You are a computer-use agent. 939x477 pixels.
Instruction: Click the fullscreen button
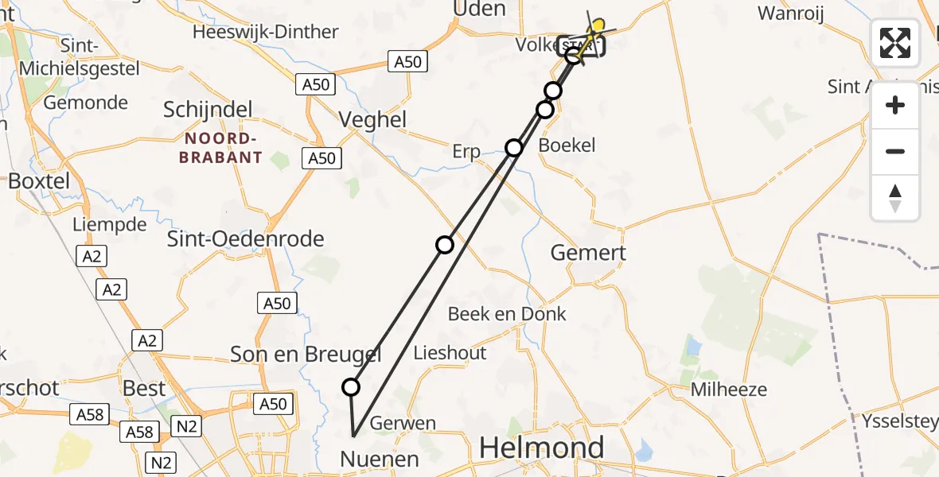(x=895, y=43)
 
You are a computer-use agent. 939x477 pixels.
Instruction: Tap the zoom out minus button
(x=895, y=151)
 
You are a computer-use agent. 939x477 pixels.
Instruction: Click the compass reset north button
(x=895, y=198)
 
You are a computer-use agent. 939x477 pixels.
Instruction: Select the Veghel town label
(x=372, y=120)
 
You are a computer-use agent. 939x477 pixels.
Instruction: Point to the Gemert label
(x=588, y=253)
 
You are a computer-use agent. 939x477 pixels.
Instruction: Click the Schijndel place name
(x=208, y=110)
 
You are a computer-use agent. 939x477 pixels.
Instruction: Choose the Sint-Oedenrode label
(x=245, y=238)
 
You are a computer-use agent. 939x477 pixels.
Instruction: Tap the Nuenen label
(x=380, y=459)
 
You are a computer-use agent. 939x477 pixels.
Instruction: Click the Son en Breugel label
(x=306, y=355)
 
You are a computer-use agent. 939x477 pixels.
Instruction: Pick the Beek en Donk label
(x=507, y=314)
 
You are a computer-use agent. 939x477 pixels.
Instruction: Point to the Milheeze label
(x=728, y=390)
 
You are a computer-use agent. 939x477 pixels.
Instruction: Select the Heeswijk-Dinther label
(x=266, y=33)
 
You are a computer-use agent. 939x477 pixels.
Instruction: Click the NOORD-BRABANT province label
(x=220, y=149)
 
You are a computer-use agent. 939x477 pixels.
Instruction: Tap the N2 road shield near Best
(x=186, y=427)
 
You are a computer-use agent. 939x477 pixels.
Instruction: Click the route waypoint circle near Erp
(x=514, y=147)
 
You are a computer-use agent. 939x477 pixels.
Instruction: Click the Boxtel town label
(x=39, y=180)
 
